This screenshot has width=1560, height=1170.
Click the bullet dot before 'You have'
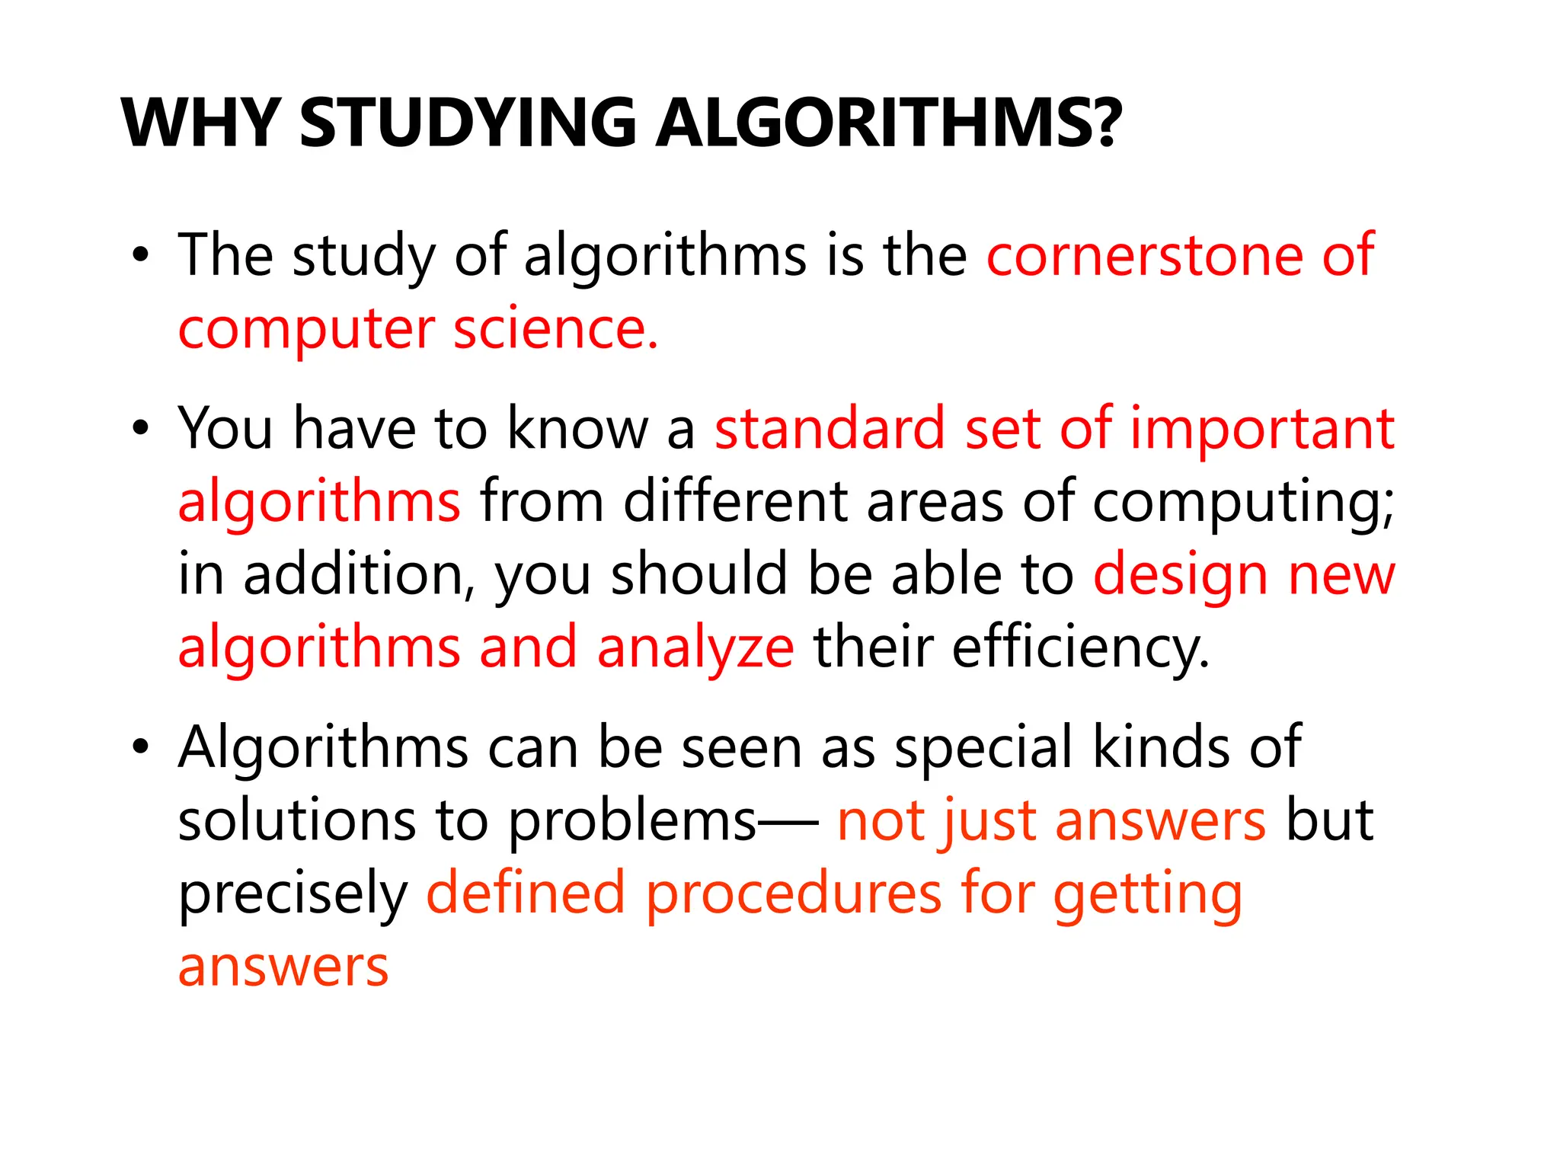pos(139,430)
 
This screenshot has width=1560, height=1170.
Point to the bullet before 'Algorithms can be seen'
pos(139,748)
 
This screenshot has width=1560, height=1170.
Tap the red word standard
pos(830,428)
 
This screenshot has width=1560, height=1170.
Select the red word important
pos(1262,430)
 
